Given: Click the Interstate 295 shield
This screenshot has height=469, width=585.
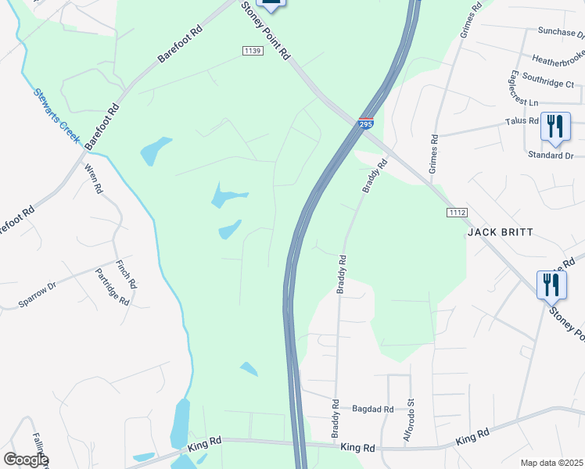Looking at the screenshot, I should pos(366,124).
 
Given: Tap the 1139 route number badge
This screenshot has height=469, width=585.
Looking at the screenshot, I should pos(252,51).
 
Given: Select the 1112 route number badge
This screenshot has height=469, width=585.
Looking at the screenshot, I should pos(458,213).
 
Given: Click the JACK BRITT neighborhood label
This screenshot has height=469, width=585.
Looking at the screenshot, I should pos(500,232).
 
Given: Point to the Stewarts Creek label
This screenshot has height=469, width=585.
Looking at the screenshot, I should pos(57,115).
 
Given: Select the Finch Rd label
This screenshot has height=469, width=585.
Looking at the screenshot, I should pos(126,275).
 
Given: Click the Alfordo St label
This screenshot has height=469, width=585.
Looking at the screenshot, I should pos(408,422).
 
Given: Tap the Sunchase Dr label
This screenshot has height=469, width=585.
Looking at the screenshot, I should pos(561,32).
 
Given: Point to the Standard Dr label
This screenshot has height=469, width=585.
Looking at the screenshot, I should pos(551,156).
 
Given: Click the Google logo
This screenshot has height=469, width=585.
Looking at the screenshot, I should pos(26,460).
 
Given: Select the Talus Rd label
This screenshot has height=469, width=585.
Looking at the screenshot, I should pos(522,121).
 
